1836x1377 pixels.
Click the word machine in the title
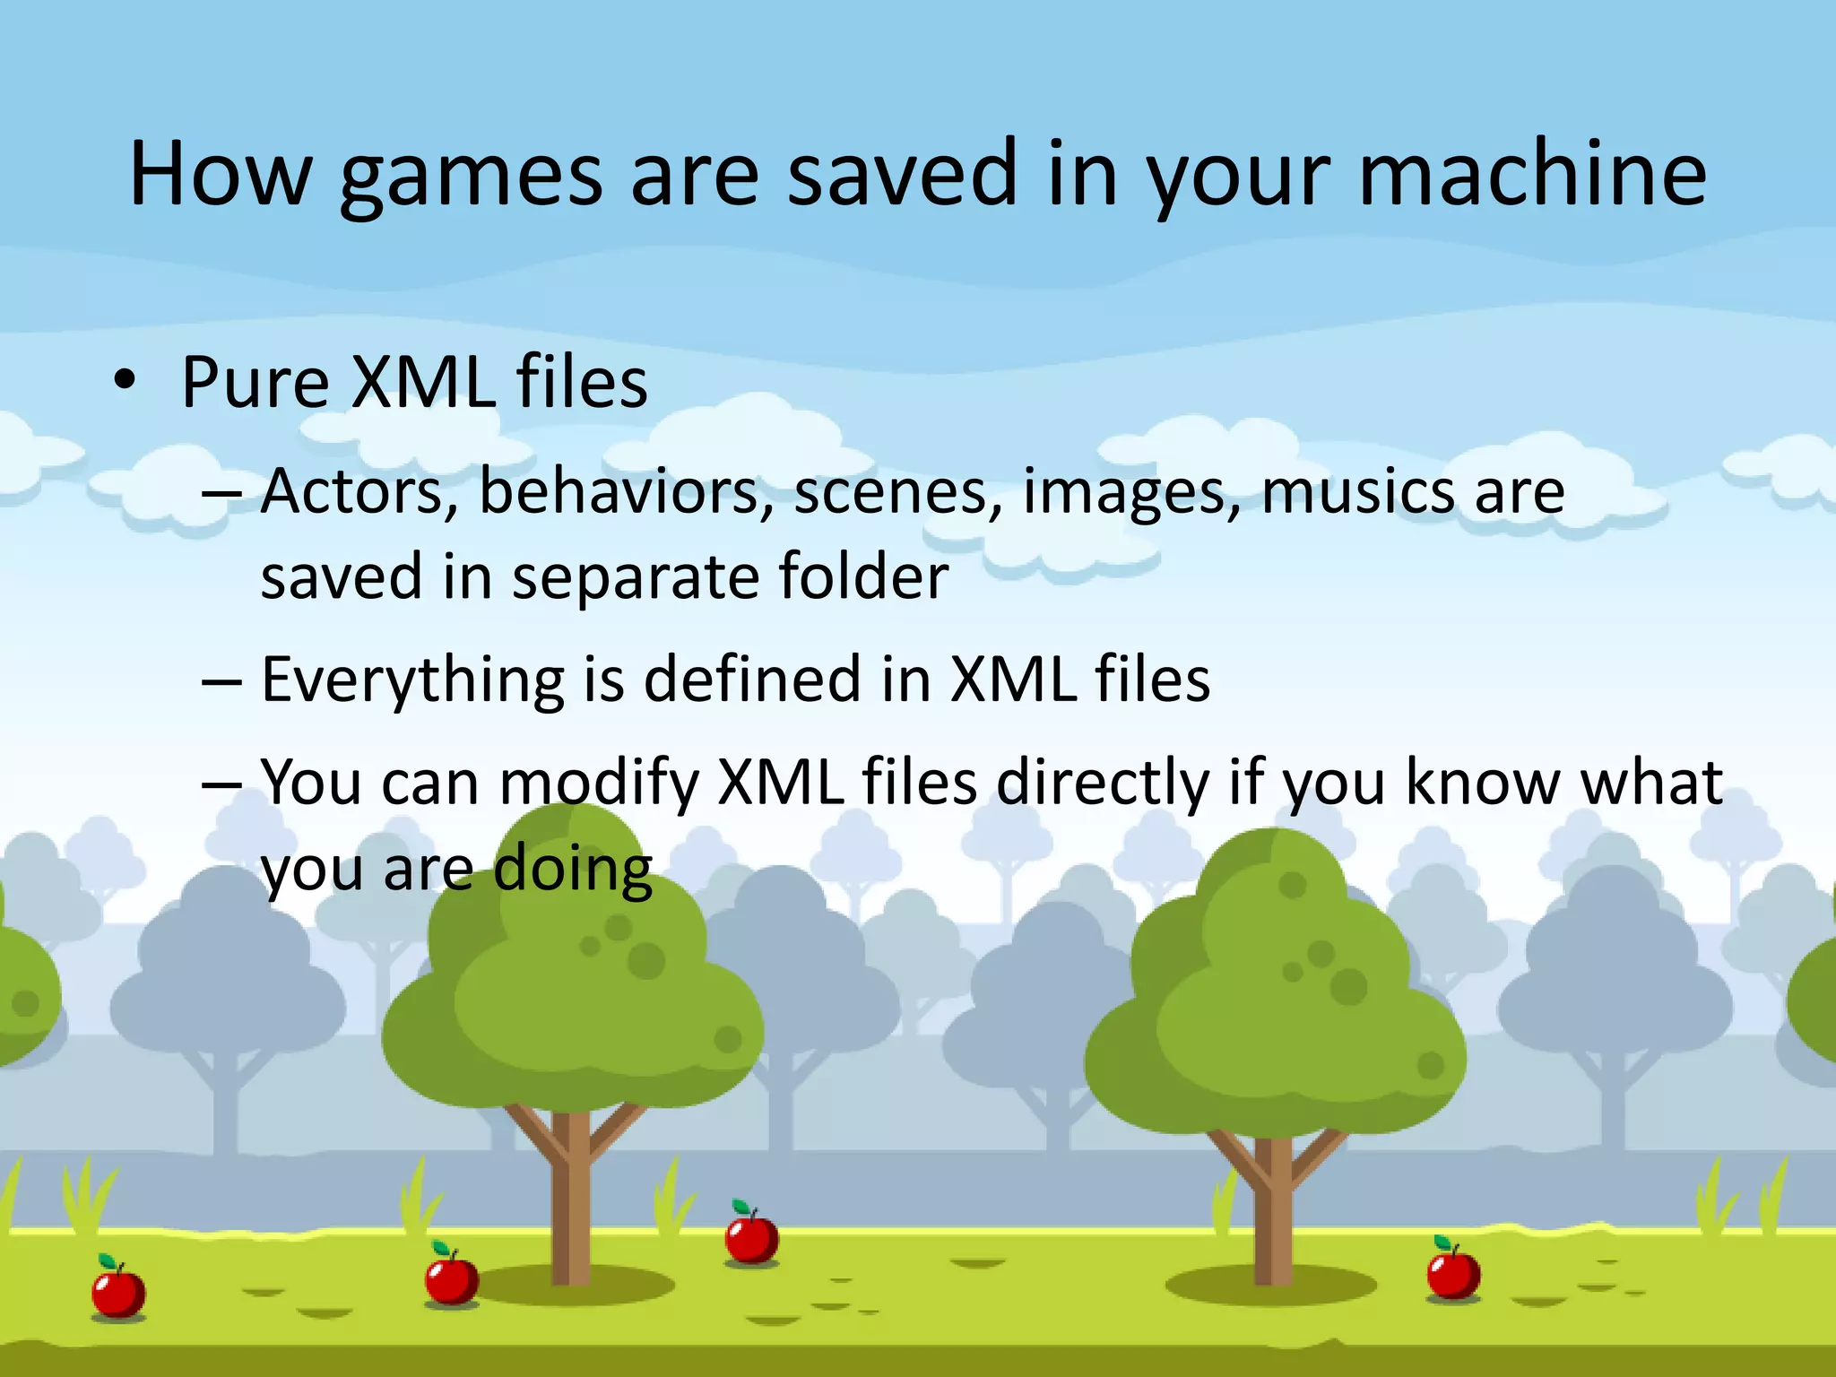coord(1532,174)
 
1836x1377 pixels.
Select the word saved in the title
coord(902,174)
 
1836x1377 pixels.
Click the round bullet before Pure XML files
coord(125,380)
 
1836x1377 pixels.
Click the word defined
coord(753,679)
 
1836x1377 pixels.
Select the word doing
coord(573,870)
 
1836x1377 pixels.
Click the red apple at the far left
coord(118,1292)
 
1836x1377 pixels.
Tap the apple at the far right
coord(1452,1273)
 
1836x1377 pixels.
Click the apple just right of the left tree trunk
coord(751,1238)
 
